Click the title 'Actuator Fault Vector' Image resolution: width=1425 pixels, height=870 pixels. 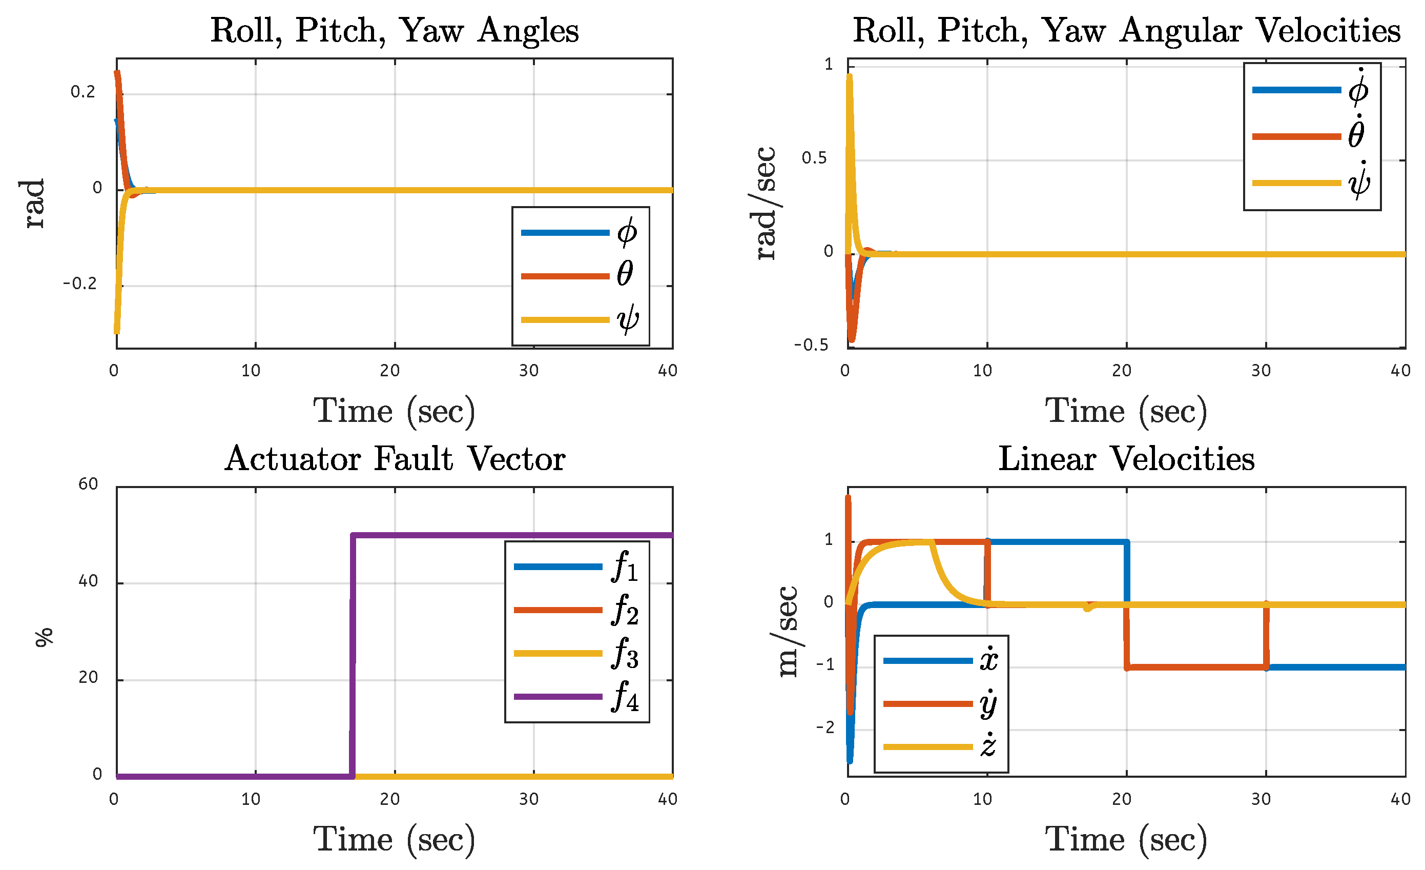coord(395,459)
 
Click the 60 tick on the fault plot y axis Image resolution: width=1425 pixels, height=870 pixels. coord(88,483)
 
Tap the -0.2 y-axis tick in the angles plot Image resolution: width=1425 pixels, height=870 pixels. coord(79,284)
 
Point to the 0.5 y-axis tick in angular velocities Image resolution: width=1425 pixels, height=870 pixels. coord(814,158)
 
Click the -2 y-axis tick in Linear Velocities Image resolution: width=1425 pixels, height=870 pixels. coord(825,727)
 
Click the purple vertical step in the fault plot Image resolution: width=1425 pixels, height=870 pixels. coord(352,654)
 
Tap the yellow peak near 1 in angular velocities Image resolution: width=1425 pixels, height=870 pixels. coord(849,78)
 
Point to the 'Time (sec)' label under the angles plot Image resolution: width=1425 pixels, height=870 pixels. coord(395,412)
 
